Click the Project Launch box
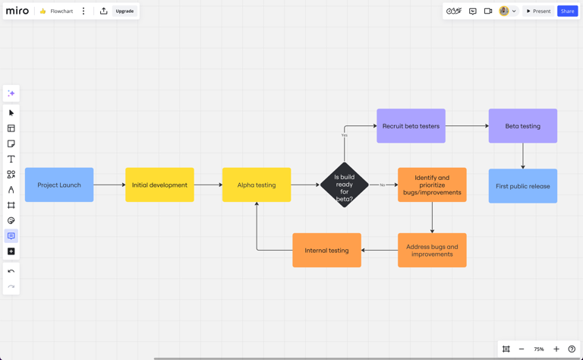pyautogui.click(x=59, y=185)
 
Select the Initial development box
pyautogui.click(x=159, y=185)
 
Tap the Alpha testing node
pyautogui.click(x=257, y=185)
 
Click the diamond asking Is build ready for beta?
pyautogui.click(x=344, y=185)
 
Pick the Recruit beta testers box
pyautogui.click(x=411, y=126)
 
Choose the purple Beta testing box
pyautogui.click(x=522, y=126)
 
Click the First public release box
pyautogui.click(x=522, y=186)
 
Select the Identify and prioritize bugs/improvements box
pyautogui.click(x=432, y=185)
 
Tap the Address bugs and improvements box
pyautogui.click(x=432, y=250)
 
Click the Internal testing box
pyautogui.click(x=326, y=250)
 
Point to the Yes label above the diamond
pyautogui.click(x=344, y=135)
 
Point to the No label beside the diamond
pyautogui.click(x=382, y=185)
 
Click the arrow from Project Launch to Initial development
pyautogui.click(x=109, y=185)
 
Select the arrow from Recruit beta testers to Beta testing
pyautogui.click(x=467, y=126)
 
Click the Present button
pyautogui.click(x=538, y=11)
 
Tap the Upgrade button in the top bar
pyautogui.click(x=124, y=11)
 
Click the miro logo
pyautogui.click(x=17, y=11)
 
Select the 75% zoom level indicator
pyautogui.click(x=538, y=349)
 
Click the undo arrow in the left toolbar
pyautogui.click(x=11, y=271)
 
